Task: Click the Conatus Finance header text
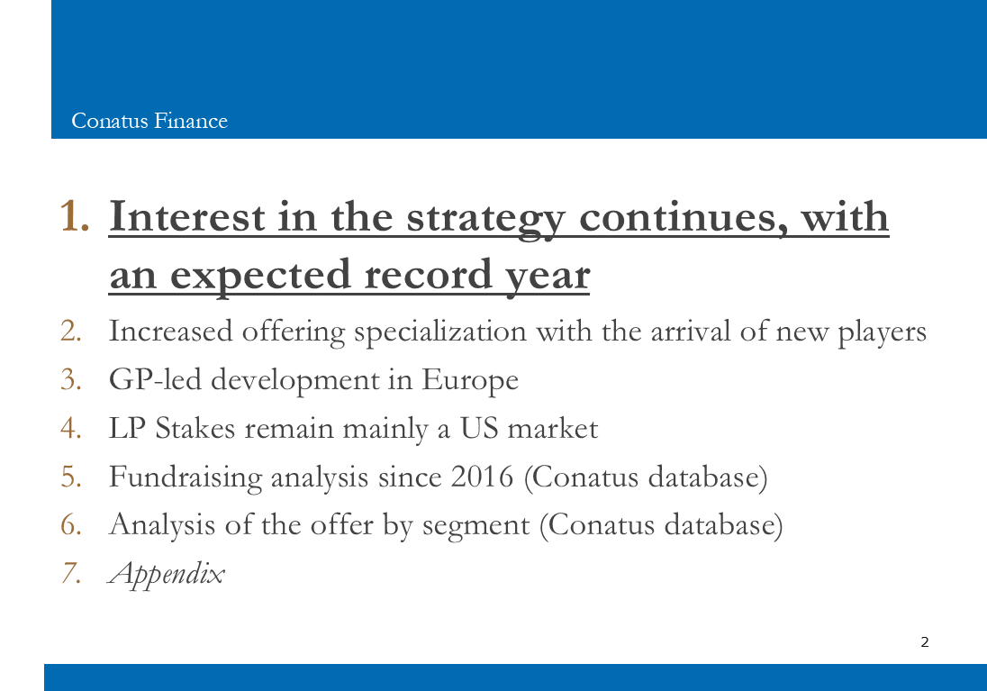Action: coord(149,121)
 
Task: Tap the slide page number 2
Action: coord(925,641)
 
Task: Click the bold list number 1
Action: coord(74,216)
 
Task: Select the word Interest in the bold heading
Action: coord(187,216)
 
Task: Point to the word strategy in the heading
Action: coord(486,219)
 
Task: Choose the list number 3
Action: coord(70,379)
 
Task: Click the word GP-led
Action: coord(156,379)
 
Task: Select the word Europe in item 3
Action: coord(470,380)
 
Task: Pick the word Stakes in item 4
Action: coord(195,428)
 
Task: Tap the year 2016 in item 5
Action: coord(482,477)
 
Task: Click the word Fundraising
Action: coord(186,477)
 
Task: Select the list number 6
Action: coord(70,524)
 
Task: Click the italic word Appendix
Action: coord(167,574)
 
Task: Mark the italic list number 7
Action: coord(70,573)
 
